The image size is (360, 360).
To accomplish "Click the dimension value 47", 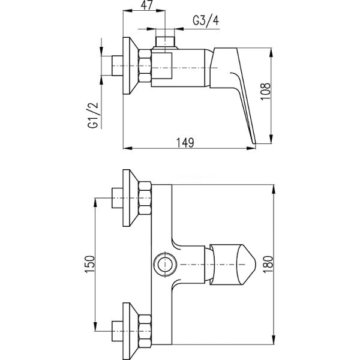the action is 147,5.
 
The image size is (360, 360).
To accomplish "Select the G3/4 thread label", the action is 206,20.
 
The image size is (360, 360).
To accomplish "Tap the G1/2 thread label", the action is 93,115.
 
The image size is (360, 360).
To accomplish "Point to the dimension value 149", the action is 185,143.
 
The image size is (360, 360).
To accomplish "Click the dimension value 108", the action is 266,91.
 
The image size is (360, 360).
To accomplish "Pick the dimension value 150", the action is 89,264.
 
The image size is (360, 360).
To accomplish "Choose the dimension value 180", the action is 268,264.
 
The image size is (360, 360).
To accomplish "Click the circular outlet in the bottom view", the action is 165,264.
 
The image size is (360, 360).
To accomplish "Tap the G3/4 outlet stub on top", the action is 165,41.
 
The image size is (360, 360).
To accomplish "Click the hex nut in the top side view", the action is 145,65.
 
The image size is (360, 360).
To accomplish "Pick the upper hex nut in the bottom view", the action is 145,198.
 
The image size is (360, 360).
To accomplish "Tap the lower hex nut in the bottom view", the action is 145,331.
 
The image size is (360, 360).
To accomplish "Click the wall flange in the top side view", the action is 131,65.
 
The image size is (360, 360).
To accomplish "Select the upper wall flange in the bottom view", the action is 131,198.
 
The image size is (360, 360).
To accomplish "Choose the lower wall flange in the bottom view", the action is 131,331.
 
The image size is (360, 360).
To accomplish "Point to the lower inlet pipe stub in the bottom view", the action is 118,331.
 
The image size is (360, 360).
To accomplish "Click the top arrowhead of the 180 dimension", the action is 273,190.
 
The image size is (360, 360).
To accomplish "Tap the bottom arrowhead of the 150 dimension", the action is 95,326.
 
